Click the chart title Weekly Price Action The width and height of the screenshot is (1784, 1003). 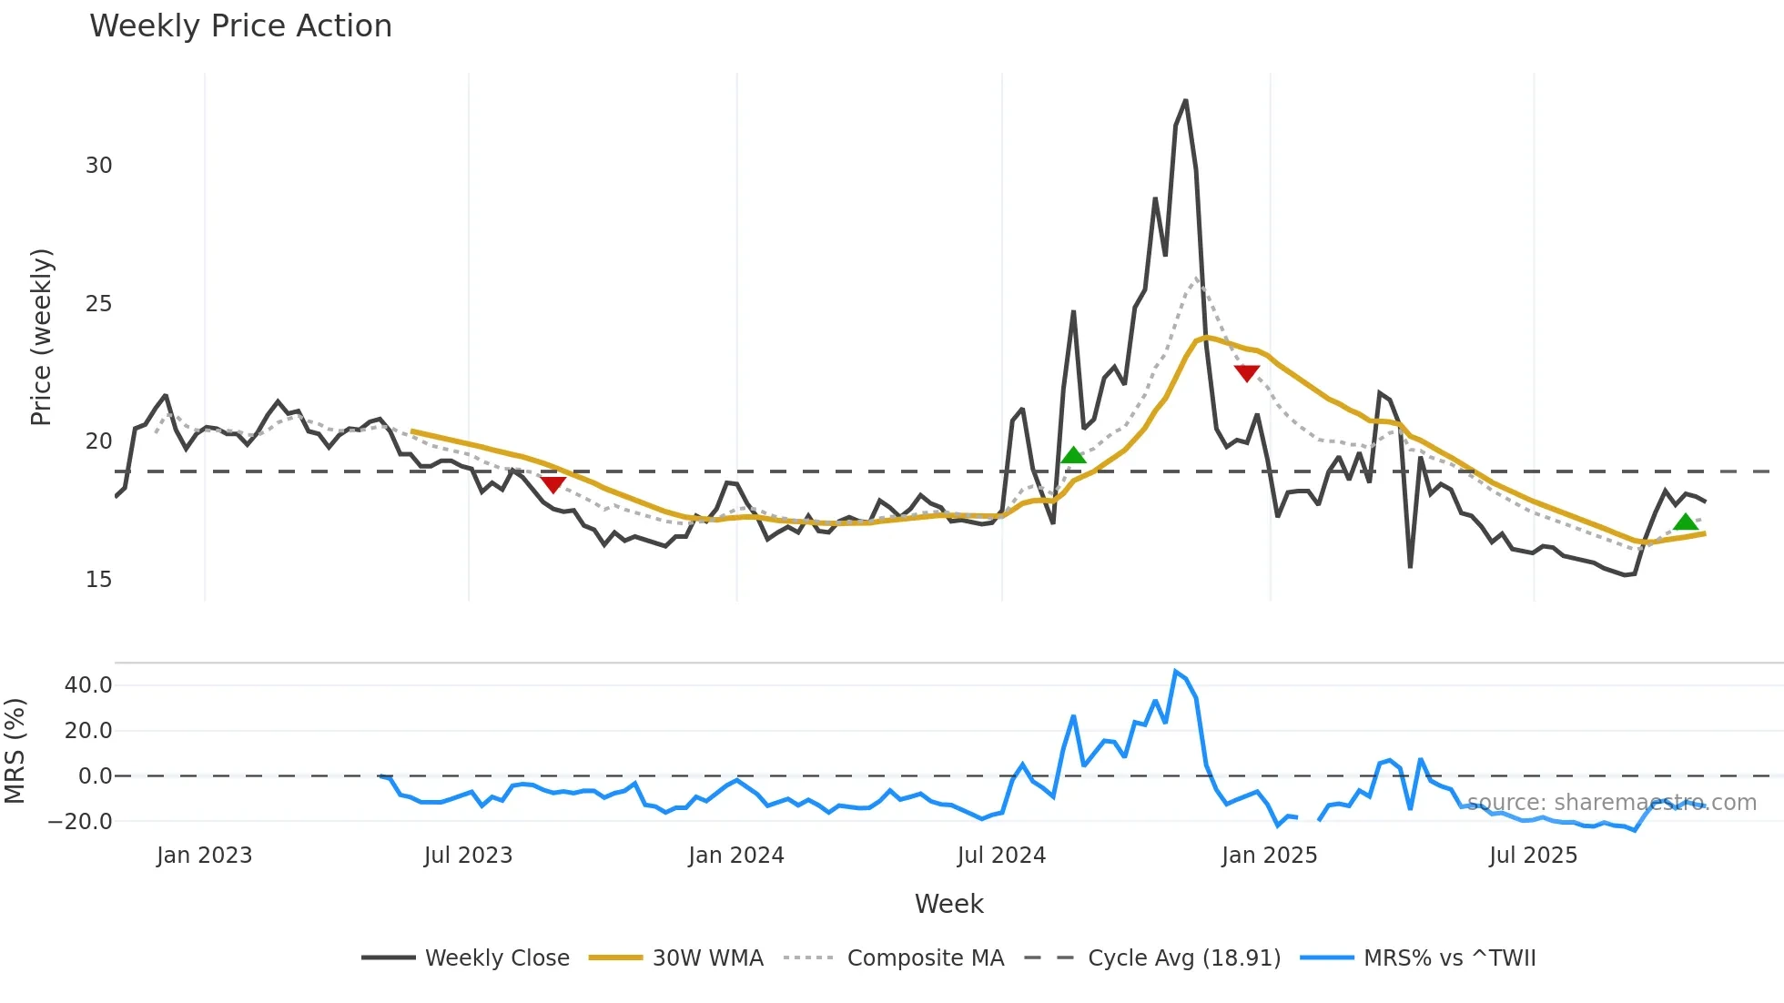[240, 26]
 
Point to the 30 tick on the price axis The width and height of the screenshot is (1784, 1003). [98, 166]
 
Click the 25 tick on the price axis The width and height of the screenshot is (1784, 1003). [98, 304]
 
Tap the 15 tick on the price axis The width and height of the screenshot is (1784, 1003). [98, 580]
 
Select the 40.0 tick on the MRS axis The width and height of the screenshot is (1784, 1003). [88, 685]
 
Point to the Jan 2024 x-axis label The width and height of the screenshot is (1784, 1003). [735, 856]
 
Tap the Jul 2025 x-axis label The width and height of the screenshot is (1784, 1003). [1533, 856]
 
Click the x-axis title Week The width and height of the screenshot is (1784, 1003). [948, 904]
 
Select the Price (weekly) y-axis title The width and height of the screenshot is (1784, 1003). [42, 337]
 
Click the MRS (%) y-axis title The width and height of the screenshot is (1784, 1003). [15, 751]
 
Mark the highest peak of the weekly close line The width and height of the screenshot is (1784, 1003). [1185, 100]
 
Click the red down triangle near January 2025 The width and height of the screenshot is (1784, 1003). [1246, 373]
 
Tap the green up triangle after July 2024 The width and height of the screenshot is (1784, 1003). [1073, 455]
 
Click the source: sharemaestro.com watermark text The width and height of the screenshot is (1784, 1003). [1611, 803]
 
